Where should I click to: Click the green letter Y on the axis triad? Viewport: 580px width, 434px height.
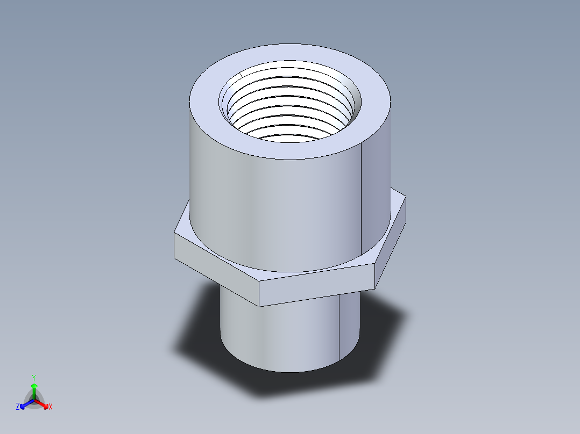(33, 377)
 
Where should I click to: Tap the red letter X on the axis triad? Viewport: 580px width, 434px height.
(51, 407)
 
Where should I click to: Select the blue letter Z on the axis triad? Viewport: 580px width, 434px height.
(18, 407)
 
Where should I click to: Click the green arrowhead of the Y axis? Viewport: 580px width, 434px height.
(34, 386)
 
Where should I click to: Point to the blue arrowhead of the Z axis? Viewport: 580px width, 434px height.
(23, 405)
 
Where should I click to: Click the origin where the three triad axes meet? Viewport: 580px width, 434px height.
(34, 400)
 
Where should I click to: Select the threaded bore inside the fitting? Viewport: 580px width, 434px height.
(291, 107)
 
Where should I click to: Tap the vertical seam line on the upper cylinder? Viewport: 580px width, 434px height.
(360, 204)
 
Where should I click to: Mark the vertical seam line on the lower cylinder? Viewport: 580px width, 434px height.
(339, 328)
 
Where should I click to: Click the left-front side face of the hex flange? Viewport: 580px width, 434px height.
(215, 269)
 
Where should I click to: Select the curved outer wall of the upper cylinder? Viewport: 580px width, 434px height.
(269, 209)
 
